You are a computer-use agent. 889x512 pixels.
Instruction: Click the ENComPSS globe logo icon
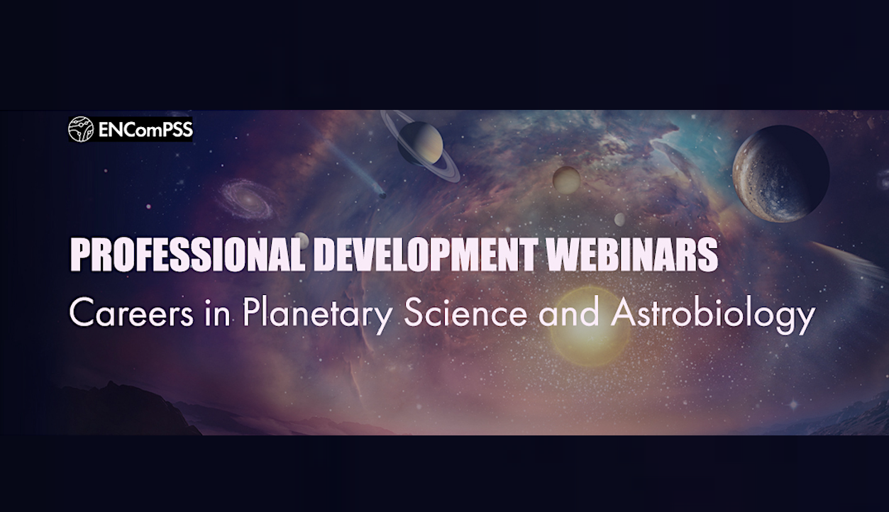81,129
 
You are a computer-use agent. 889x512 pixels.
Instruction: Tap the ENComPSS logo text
145,130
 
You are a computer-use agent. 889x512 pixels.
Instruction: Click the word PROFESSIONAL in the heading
188,255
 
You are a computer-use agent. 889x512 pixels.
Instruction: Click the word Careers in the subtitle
131,313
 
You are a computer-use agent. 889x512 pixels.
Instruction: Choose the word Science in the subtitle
465,313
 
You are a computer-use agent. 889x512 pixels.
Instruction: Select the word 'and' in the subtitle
569,313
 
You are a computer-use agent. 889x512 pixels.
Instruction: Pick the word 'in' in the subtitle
218,313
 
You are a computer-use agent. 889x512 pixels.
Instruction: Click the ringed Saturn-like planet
420,144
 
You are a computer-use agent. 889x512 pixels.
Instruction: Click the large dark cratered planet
780,174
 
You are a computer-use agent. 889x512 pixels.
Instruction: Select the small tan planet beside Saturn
566,179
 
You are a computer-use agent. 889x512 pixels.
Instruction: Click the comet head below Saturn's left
382,195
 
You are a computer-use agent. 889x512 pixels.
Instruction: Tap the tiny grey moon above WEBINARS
619,219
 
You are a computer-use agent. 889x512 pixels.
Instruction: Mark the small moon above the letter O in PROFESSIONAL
302,240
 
